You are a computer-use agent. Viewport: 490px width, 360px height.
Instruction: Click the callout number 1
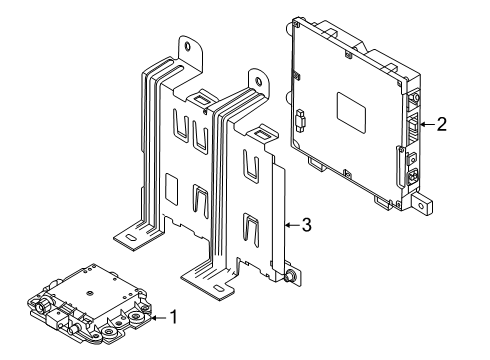click(x=174, y=317)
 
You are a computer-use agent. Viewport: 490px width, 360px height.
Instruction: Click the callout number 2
click(x=441, y=124)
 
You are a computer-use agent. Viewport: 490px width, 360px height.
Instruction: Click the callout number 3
click(x=307, y=225)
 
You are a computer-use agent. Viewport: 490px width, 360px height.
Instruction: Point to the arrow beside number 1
click(x=158, y=318)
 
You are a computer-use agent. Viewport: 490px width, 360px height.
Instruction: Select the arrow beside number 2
click(x=427, y=125)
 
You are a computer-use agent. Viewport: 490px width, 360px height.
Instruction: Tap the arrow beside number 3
click(x=292, y=226)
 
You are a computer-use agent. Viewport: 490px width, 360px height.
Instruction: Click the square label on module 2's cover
click(x=351, y=112)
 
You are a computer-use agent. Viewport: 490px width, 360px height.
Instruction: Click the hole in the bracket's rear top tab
click(x=188, y=46)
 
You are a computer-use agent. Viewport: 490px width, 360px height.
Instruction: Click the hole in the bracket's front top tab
click(x=258, y=81)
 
